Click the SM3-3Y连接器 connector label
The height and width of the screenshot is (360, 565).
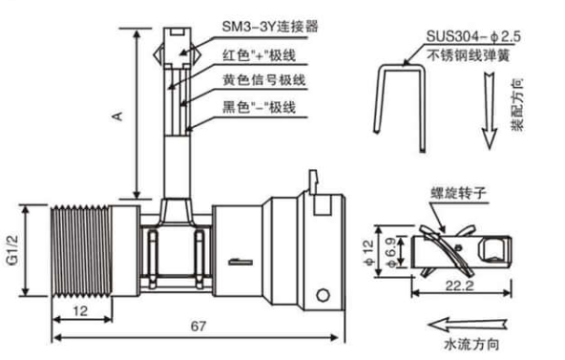[270, 27]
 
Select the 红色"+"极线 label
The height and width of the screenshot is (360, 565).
[259, 55]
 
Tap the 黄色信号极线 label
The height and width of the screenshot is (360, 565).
[264, 79]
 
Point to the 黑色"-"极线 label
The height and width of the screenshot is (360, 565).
[259, 107]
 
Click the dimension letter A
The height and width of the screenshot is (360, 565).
[117, 116]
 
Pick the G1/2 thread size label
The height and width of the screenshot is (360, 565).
[13, 250]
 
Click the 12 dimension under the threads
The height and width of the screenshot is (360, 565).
[80, 310]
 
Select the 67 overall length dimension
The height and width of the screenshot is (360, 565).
[199, 327]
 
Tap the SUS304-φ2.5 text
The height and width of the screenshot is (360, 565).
[473, 36]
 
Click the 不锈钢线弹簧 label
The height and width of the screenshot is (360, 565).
[468, 55]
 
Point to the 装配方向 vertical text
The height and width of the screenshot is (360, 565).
[516, 104]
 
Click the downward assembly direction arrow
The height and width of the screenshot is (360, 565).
[490, 110]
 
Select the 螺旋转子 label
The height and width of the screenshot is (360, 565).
[458, 193]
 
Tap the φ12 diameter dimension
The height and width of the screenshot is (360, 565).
[368, 252]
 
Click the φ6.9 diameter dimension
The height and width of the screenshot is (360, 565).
[391, 252]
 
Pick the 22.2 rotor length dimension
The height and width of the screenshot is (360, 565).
[460, 286]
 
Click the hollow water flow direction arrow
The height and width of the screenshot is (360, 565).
[468, 325]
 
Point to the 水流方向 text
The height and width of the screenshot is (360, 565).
[471, 344]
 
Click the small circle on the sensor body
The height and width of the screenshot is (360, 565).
[323, 295]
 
